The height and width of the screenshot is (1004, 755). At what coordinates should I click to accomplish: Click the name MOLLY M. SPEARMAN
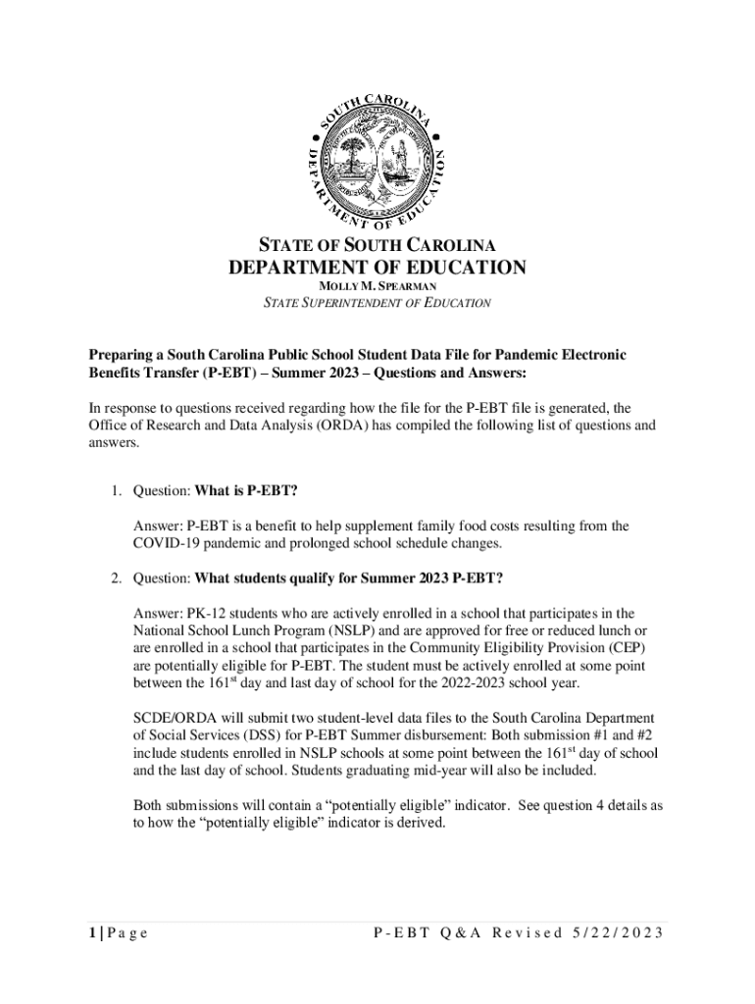(377, 285)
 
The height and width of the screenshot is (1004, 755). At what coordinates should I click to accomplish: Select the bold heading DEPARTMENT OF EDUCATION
(377, 268)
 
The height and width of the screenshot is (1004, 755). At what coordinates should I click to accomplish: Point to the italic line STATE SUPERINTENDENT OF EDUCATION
(377, 303)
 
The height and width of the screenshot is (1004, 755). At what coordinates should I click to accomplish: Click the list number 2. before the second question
(116, 576)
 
